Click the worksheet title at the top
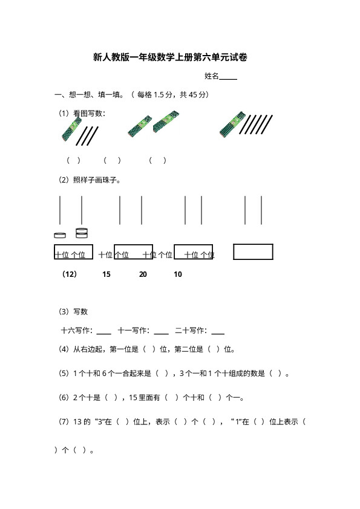tap(170, 57)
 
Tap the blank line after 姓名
tap(228, 79)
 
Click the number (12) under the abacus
tap(70, 274)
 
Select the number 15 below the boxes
tap(106, 274)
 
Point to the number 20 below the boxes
tap(143, 274)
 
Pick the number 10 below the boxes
tap(178, 274)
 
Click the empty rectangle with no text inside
tap(253, 252)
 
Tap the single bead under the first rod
tap(60, 235)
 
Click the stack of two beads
tap(82, 233)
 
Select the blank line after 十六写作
tap(104, 333)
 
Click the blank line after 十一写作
tap(161, 333)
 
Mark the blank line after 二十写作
tap(218, 333)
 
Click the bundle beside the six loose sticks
tap(232, 125)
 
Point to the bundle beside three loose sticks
tap(71, 129)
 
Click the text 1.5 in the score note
tap(159, 95)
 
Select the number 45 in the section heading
tap(193, 95)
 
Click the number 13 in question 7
tap(77, 422)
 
